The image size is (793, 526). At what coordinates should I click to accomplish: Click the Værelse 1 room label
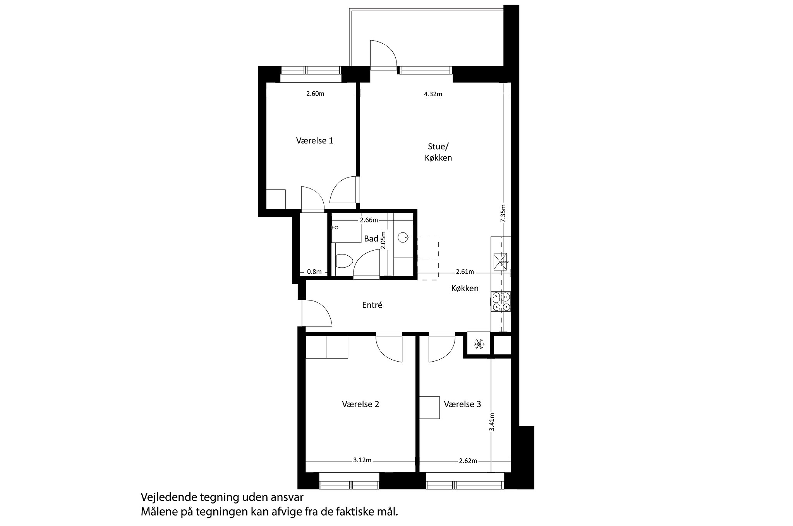click(314, 140)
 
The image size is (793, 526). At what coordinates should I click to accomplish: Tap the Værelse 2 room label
click(360, 404)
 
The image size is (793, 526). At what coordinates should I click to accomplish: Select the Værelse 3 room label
click(462, 404)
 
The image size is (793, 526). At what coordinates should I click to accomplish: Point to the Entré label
click(372, 305)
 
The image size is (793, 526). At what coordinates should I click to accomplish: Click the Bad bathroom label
click(371, 239)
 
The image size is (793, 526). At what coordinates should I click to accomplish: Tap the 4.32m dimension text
click(433, 94)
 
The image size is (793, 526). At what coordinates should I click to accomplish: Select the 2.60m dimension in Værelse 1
click(315, 94)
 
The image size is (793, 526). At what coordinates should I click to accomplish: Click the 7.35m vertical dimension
click(503, 213)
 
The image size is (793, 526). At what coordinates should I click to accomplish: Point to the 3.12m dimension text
click(362, 460)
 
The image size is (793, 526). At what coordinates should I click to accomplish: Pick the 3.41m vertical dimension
click(491, 422)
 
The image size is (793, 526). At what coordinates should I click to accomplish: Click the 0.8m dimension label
click(314, 272)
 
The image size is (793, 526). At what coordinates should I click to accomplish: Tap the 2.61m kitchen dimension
click(465, 272)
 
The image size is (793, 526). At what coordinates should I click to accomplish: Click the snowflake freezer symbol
click(479, 344)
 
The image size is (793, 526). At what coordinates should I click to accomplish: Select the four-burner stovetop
click(501, 302)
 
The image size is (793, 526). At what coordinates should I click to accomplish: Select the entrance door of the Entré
click(317, 313)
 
